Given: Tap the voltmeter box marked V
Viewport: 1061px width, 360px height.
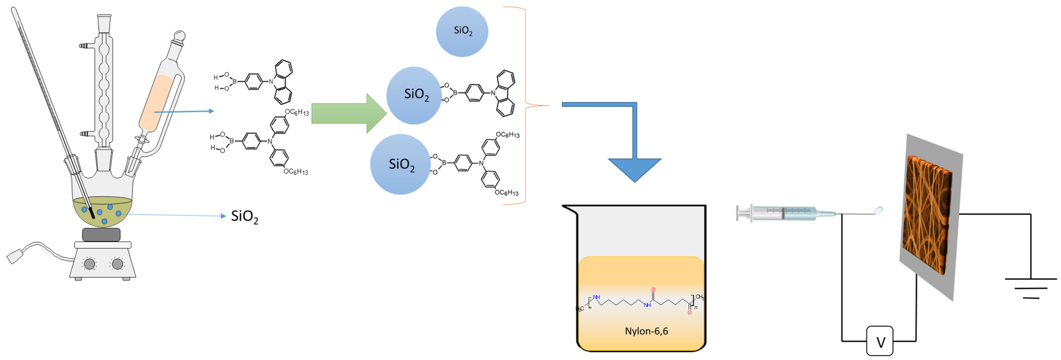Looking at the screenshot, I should [880, 341].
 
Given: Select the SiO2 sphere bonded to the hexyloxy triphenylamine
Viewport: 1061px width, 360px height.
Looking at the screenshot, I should [400, 164].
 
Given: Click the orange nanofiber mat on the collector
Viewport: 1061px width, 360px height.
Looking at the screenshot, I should [927, 214].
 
